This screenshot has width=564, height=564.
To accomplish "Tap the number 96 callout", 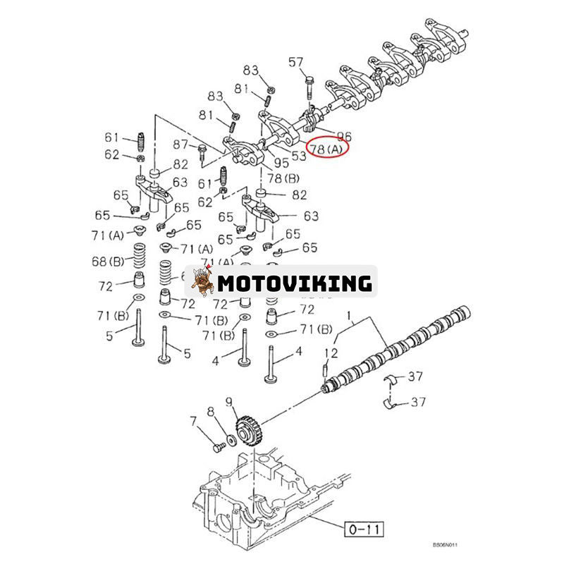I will (344, 135).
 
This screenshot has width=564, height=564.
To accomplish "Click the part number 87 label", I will (181, 145).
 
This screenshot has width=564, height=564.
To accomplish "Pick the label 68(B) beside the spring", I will (108, 262).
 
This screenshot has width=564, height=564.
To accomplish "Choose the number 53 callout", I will (298, 155).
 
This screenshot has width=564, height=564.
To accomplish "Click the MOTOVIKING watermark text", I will (294, 283).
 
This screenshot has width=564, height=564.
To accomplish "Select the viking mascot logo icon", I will (203, 283).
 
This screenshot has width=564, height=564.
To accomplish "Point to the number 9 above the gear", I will (228, 403).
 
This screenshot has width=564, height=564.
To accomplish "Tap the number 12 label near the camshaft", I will (331, 352).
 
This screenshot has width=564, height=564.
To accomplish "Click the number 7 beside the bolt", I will (193, 422).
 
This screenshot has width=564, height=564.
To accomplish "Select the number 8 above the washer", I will (210, 410).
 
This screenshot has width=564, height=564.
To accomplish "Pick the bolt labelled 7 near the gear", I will (215, 447).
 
